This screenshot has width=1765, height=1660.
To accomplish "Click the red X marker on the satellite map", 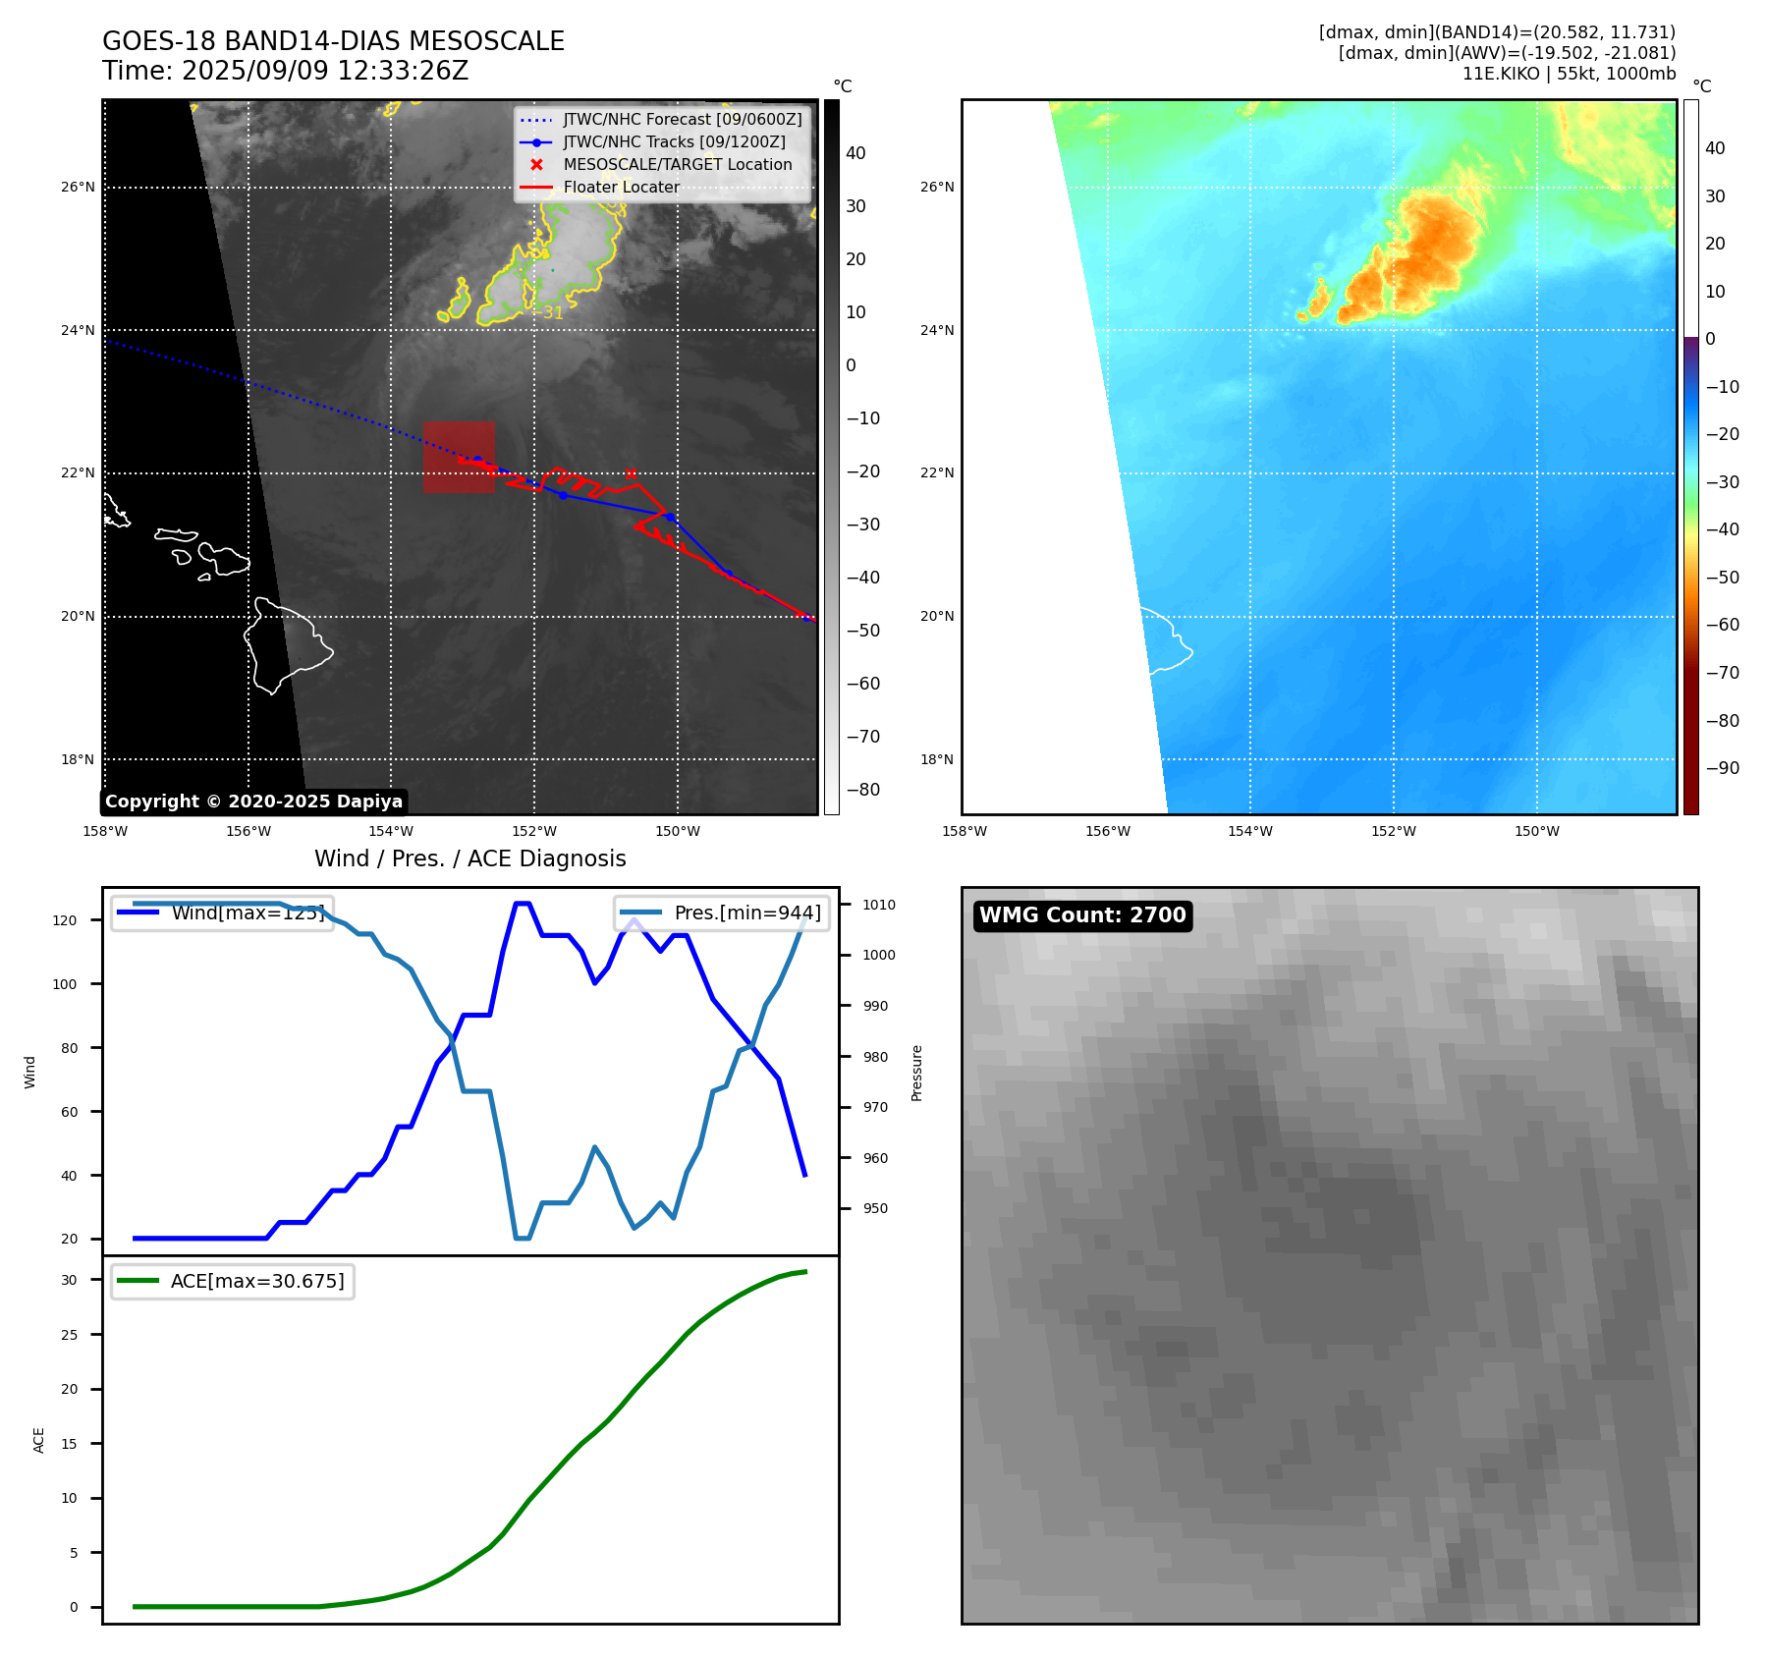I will (631, 473).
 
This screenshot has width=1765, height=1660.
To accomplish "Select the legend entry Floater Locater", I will (621, 188).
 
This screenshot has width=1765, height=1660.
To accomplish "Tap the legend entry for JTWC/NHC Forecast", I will (682, 120).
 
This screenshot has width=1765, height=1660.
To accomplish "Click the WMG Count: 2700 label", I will (1082, 915).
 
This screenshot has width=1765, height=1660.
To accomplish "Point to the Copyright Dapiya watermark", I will (253, 802).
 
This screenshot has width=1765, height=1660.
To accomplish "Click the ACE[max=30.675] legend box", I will (233, 1282).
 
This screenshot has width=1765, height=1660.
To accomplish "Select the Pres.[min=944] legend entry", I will (722, 913).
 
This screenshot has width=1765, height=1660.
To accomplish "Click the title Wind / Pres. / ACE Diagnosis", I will (469, 859).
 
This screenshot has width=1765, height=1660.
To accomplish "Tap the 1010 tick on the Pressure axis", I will (879, 905).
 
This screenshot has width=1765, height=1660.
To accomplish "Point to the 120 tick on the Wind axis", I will (65, 920).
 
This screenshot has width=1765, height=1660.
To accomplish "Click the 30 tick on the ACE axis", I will (69, 1280).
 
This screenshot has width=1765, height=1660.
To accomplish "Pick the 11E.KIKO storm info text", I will (1569, 74).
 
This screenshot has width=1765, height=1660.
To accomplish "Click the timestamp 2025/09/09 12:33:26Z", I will (325, 72).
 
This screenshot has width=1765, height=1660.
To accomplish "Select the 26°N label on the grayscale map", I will (79, 188).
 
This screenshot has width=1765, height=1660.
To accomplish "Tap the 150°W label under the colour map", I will (1536, 832).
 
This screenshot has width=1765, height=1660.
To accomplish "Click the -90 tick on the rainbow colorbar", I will (1722, 768).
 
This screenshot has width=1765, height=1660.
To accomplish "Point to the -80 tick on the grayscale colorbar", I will (863, 790).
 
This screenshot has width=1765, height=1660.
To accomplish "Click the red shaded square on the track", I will (459, 457).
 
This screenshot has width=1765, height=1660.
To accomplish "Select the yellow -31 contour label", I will (553, 313).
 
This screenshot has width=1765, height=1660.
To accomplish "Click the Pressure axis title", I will (916, 1073).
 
